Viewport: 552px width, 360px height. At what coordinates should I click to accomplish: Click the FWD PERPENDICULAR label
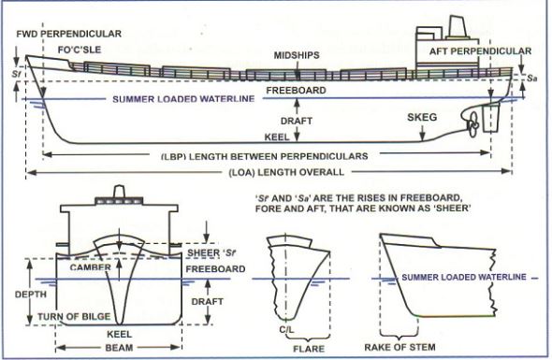click(x=68, y=35)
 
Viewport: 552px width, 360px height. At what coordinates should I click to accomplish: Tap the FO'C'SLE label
click(x=80, y=50)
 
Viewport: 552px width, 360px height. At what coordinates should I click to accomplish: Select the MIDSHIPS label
click(x=297, y=55)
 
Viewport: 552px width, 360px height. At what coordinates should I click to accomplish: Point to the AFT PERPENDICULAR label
click(x=480, y=51)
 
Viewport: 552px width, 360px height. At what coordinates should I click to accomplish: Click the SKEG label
click(x=422, y=117)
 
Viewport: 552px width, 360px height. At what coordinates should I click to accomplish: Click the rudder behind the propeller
click(x=491, y=118)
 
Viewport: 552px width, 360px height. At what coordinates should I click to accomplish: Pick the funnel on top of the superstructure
click(x=458, y=27)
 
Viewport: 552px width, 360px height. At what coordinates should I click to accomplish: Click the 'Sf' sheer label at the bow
click(x=16, y=74)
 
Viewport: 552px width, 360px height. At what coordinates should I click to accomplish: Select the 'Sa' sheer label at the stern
click(x=532, y=79)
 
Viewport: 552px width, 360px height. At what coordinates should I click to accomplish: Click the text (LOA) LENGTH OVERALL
click(x=286, y=172)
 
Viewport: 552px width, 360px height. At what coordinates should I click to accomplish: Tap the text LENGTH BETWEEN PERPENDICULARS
click(x=279, y=156)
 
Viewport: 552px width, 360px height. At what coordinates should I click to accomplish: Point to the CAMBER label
click(x=91, y=267)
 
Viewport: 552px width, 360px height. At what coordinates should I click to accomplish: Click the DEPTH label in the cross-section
click(x=31, y=295)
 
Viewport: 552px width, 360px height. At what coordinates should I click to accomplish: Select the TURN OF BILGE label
click(x=74, y=316)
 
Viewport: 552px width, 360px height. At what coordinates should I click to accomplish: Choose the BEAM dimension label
click(x=119, y=348)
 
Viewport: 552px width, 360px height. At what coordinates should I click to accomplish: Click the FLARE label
click(x=309, y=349)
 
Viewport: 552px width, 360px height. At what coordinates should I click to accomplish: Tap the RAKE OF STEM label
click(x=399, y=347)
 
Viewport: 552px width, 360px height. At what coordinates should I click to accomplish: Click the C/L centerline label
click(x=287, y=330)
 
